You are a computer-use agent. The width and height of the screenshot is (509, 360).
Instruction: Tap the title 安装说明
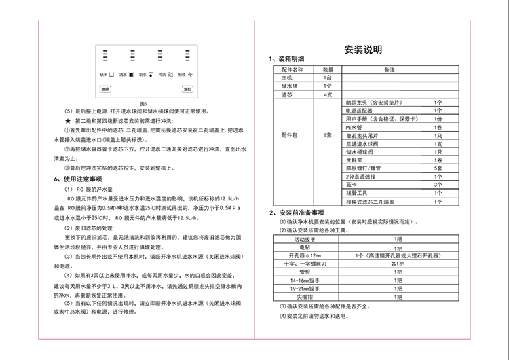364,50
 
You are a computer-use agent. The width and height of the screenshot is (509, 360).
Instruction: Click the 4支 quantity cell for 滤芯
328,94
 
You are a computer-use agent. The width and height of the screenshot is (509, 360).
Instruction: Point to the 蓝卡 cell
352,184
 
